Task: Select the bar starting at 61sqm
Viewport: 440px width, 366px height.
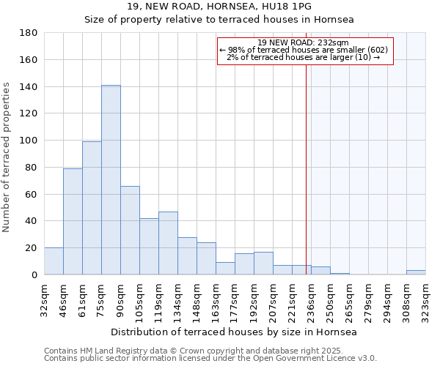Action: (92, 208)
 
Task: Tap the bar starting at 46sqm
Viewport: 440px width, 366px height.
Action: (73, 221)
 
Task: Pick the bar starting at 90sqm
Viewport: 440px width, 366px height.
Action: (130, 230)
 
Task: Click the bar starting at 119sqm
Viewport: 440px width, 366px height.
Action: (168, 243)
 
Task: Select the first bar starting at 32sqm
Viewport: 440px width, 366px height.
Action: (54, 261)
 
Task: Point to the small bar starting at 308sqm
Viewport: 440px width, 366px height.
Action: (416, 272)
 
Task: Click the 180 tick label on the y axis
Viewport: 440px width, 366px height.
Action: (29, 33)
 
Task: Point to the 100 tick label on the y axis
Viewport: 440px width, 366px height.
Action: (29, 141)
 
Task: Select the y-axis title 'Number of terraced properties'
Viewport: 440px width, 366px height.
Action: (7, 157)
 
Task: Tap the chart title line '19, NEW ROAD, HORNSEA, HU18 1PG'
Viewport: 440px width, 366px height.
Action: (219, 7)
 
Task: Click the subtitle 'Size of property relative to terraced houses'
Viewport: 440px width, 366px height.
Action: (219, 20)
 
